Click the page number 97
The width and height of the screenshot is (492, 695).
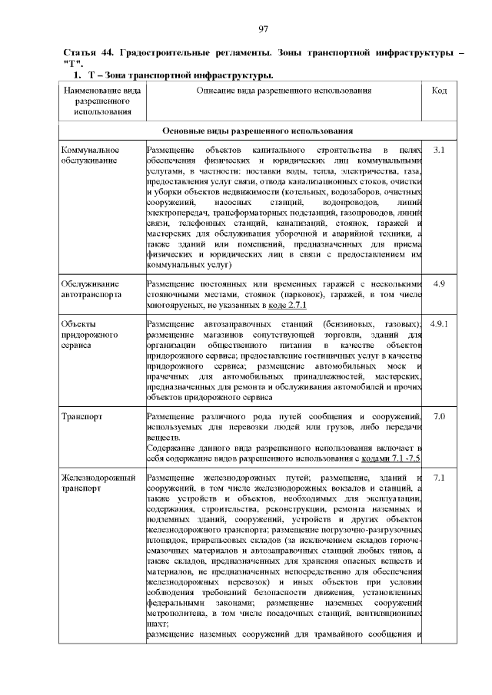pyautogui.click(x=263, y=29)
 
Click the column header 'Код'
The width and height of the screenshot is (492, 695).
pyautogui.click(x=440, y=91)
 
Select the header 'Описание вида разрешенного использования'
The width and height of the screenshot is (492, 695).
pyautogui.click(x=284, y=91)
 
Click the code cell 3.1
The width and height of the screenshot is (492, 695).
pyautogui.click(x=440, y=148)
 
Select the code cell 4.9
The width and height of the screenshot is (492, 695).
pyautogui.click(x=440, y=284)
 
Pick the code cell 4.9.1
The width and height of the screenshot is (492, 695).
pyautogui.click(x=440, y=324)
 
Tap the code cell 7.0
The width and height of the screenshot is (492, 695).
pyautogui.click(x=440, y=416)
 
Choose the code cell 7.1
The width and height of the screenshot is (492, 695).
pyautogui.click(x=440, y=478)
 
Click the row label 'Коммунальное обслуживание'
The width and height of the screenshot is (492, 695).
pyautogui.click(x=89, y=154)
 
